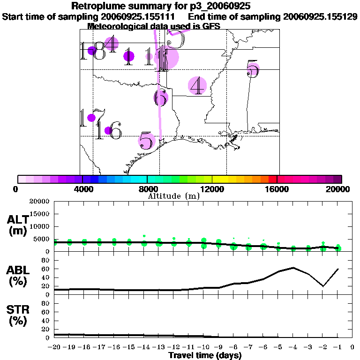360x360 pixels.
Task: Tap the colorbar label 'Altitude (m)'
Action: click(173, 196)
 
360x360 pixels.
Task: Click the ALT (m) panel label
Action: click(18, 225)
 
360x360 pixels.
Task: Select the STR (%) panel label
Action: click(18, 315)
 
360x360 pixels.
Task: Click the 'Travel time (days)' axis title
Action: click(205, 355)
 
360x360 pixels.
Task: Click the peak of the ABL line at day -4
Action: click(293, 268)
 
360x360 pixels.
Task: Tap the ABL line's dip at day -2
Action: click(323, 286)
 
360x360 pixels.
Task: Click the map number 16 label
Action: click(109, 130)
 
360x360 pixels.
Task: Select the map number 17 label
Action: click(86, 118)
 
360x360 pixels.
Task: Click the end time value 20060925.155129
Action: click(320, 17)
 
